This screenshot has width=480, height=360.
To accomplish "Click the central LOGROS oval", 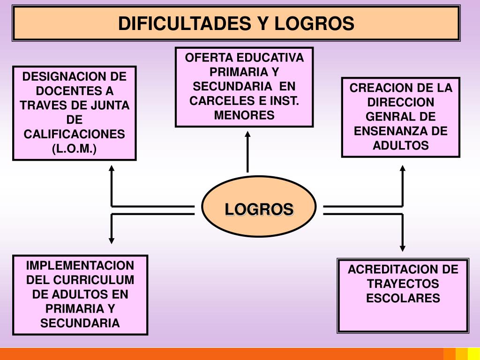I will (259, 209).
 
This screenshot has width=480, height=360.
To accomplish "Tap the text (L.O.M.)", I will (74, 149).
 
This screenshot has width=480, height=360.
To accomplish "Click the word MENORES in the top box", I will (244, 115).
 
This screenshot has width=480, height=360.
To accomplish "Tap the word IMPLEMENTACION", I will (80, 265).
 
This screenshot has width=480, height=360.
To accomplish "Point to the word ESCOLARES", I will (403, 298).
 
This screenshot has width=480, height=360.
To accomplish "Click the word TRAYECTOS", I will (403, 284).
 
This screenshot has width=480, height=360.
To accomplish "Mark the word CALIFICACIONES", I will (75, 134).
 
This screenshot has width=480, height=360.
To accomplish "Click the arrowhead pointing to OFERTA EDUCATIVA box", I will (247, 135).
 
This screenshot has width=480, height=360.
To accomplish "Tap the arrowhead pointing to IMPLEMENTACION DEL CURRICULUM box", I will (112, 240).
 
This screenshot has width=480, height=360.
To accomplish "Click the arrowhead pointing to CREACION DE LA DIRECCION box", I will (402, 169).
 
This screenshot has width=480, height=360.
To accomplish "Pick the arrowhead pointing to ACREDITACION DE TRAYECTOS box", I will (402, 247).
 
